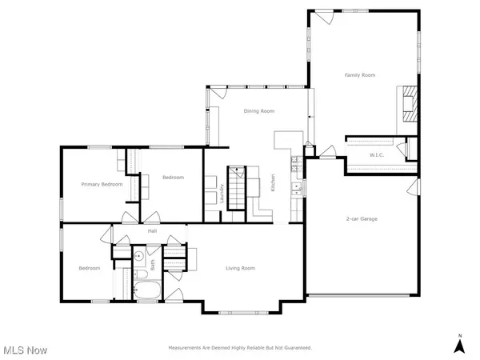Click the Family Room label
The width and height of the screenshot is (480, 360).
pyautogui.click(x=360, y=75)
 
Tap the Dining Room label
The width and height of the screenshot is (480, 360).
pyautogui.click(x=259, y=111)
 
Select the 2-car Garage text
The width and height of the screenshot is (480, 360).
pyautogui.click(x=362, y=218)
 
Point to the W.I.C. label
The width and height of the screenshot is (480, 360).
pyautogui.click(x=378, y=154)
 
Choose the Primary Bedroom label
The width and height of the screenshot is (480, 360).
pyautogui.click(x=102, y=184)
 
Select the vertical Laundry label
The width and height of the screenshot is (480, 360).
pyautogui.click(x=222, y=194)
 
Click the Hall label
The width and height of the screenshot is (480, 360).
pyautogui.click(x=152, y=231)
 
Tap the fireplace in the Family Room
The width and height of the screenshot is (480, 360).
pyautogui.click(x=408, y=105)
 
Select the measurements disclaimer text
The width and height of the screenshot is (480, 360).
pyautogui.click(x=240, y=348)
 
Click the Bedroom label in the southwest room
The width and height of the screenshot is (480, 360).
pyautogui.click(x=89, y=268)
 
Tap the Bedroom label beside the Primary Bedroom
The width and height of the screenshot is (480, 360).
pyautogui.click(x=174, y=177)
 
